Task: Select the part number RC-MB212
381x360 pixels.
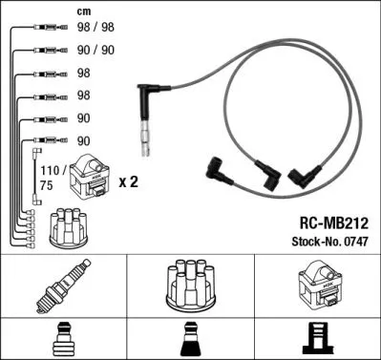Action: [328, 220]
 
